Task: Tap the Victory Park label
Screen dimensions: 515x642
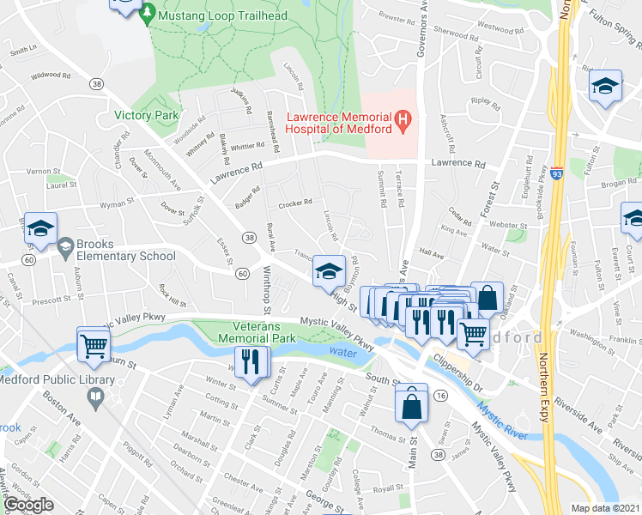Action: [146, 115]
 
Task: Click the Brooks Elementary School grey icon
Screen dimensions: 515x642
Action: [65, 248]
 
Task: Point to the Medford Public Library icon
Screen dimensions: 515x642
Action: [95, 396]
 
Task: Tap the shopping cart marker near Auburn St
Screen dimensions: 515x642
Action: [94, 345]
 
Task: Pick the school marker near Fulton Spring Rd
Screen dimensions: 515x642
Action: [605, 86]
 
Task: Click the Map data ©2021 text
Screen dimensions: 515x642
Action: [606, 508]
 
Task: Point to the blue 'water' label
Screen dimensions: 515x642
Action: [341, 351]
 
